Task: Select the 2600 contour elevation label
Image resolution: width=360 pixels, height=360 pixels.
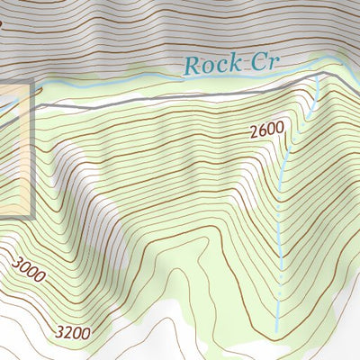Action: click(266, 130)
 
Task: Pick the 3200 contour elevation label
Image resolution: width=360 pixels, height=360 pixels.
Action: click(73, 333)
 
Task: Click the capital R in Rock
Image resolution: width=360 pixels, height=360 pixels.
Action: click(190, 64)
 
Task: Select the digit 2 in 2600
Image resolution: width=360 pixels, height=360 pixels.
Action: click(255, 130)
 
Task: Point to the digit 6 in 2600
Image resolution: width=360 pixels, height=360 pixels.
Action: click(263, 130)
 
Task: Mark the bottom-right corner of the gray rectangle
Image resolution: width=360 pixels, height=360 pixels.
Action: click(32, 217)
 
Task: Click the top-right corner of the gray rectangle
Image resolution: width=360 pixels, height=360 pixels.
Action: click(32, 82)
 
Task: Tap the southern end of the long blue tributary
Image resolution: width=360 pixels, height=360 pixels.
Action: click(277, 324)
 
